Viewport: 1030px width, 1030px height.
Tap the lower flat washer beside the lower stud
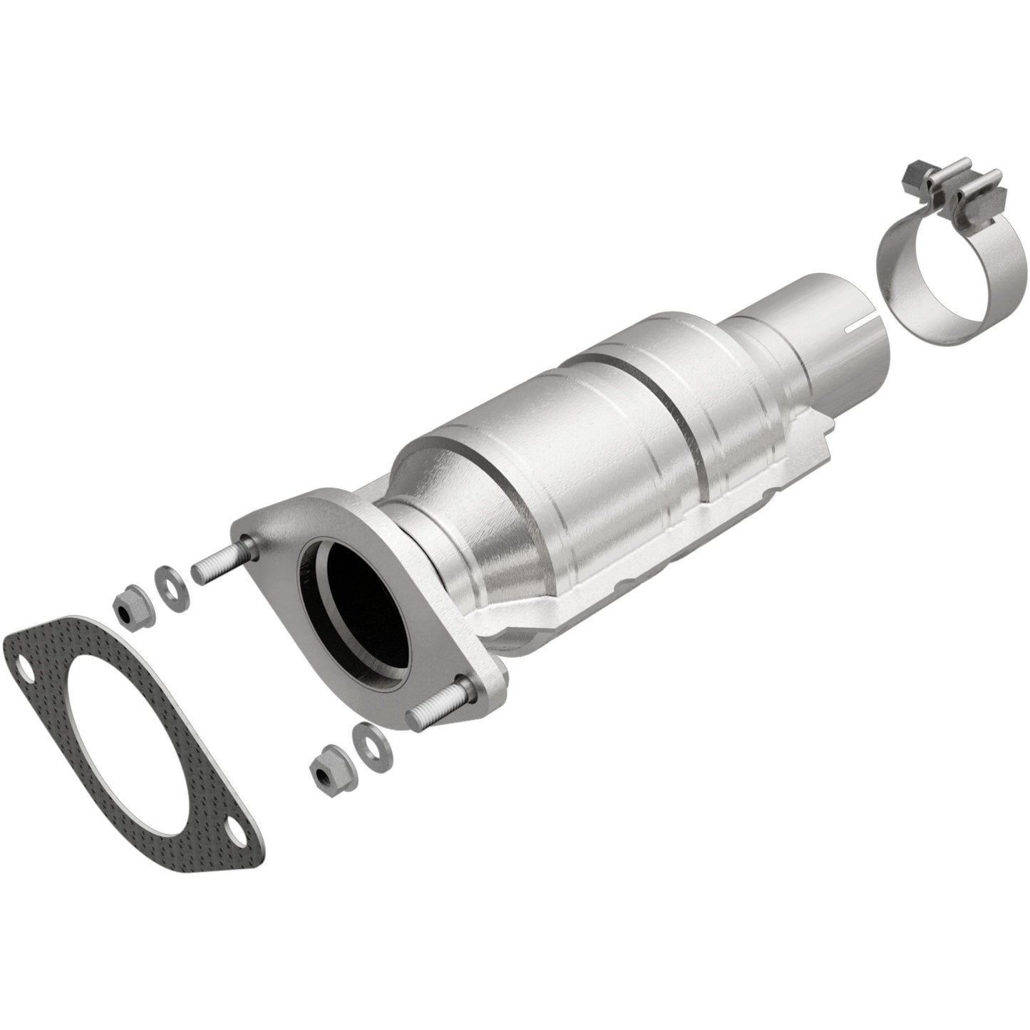click(366, 752)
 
